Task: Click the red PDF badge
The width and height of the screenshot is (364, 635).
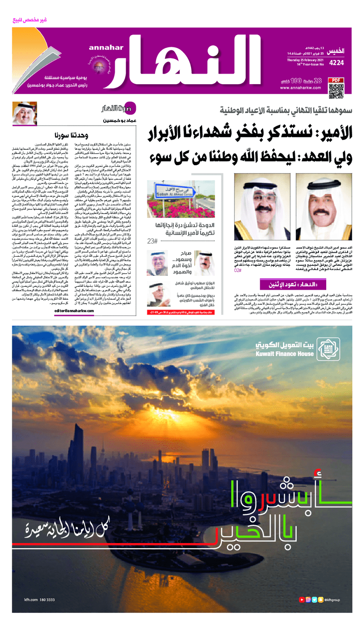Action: [335, 80]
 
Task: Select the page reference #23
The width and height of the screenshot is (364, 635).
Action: [152, 241]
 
